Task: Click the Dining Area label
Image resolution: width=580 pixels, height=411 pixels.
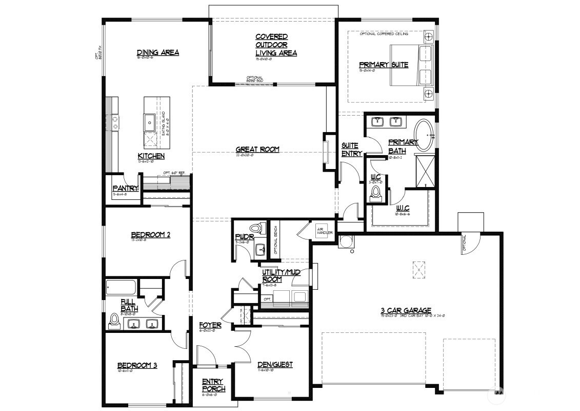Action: tap(157, 52)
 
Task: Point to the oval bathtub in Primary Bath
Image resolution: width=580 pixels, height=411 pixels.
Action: tap(424, 135)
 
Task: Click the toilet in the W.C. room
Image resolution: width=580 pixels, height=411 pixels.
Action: tap(376, 192)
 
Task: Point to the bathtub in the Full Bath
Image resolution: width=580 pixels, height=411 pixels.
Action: tap(122, 287)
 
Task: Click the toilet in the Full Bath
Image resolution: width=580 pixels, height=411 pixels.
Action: tap(114, 321)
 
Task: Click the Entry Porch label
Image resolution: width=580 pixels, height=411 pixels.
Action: tap(212, 384)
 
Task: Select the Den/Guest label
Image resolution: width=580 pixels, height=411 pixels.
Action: tap(275, 365)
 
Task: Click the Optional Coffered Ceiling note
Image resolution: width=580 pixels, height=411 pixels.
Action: tap(384, 33)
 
